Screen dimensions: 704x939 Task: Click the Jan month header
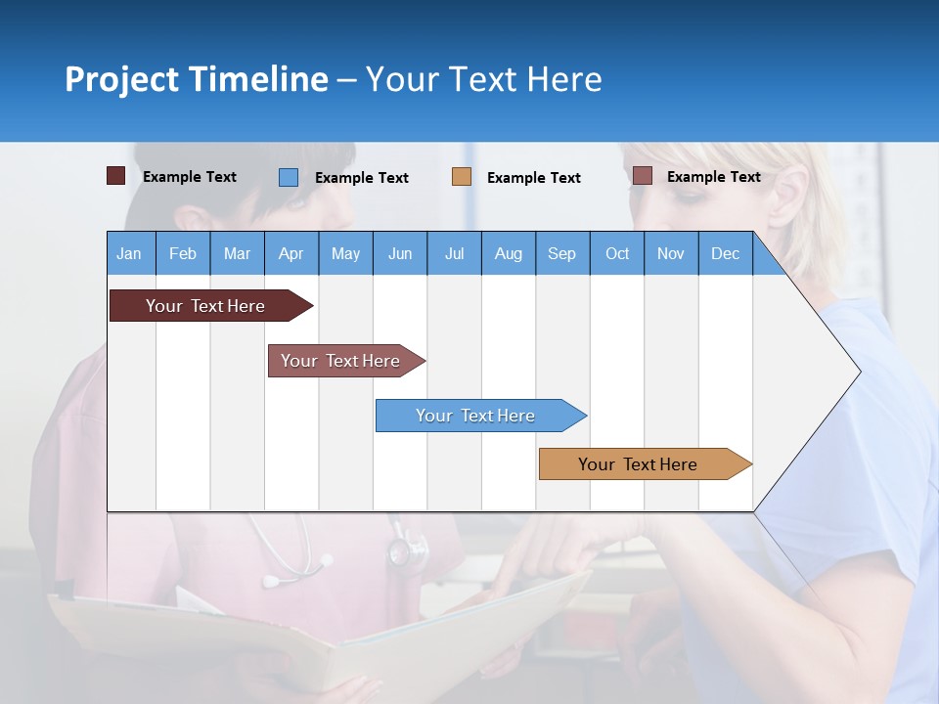pyautogui.click(x=129, y=253)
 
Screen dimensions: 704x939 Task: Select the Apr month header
pyautogui.click(x=291, y=253)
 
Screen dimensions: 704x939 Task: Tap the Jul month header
pyautogui.click(x=454, y=253)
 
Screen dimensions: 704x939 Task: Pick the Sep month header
pyautogui.click(x=561, y=253)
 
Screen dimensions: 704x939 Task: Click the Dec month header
pyautogui.click(x=725, y=253)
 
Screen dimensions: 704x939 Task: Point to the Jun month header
pyautogui.click(x=400, y=253)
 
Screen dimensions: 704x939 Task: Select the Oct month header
pyautogui.click(x=617, y=253)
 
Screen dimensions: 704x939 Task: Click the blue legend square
pyautogui.click(x=288, y=177)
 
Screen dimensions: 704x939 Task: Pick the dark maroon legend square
pyautogui.click(x=115, y=176)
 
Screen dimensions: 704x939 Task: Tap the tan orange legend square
pyautogui.click(x=462, y=177)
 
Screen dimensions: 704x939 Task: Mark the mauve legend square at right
pyautogui.click(x=642, y=176)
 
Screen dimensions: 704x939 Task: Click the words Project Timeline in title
pyautogui.click(x=196, y=79)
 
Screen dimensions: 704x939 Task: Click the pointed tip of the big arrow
pyautogui.click(x=859, y=372)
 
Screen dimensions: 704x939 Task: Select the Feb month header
pyautogui.click(x=183, y=253)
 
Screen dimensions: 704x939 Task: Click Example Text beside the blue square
pyautogui.click(x=362, y=178)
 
